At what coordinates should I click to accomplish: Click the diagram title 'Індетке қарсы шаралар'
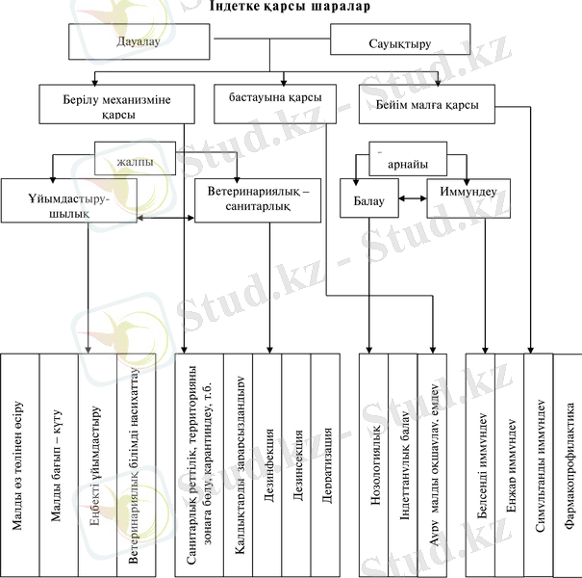pyautogui.click(x=291, y=7)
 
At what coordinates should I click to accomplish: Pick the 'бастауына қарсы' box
pyautogui.click(x=274, y=99)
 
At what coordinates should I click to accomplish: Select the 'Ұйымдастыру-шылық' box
pyautogui.click(x=69, y=204)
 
